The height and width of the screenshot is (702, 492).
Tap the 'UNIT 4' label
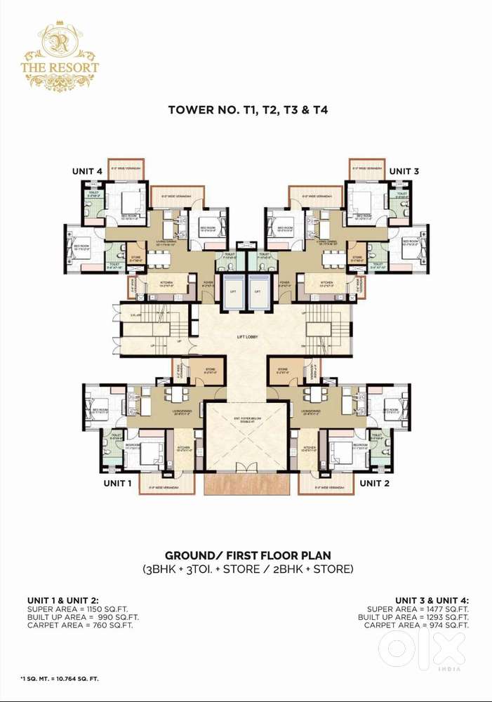[x=88, y=171]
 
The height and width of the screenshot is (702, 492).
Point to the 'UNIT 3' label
[x=404, y=171]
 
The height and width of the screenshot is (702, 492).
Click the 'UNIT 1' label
[x=118, y=483]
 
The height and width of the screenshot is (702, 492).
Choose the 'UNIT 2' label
[x=374, y=483]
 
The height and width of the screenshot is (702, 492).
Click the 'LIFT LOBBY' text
[x=247, y=337]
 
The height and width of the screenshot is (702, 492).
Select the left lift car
[x=231, y=291]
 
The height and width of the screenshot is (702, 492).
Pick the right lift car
[x=258, y=291]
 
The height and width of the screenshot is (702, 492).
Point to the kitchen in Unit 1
[x=184, y=449]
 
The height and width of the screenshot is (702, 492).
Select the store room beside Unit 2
[x=284, y=371]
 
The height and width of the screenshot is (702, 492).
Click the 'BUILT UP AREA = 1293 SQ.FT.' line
[x=413, y=617]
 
